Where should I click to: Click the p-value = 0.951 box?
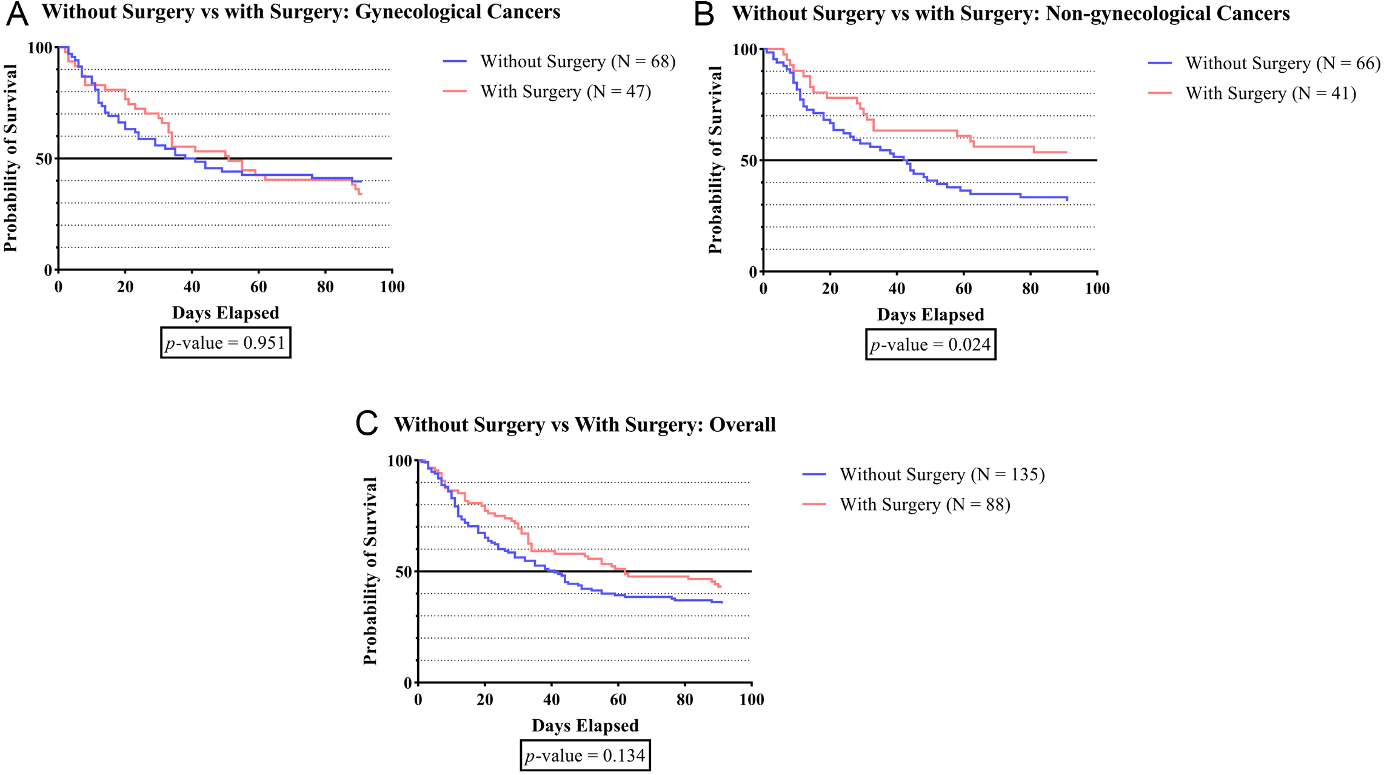(x=226, y=343)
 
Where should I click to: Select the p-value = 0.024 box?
(x=931, y=344)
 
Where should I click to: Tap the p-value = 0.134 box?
(x=585, y=756)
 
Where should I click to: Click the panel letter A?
(x=17, y=13)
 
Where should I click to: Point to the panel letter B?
(x=704, y=14)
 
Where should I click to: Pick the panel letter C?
(x=367, y=423)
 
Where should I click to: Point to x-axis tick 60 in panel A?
(x=259, y=287)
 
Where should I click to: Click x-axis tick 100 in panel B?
(x=1097, y=289)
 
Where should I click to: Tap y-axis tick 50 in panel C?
(x=403, y=572)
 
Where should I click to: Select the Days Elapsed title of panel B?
(x=931, y=315)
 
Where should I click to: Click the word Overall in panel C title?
(x=742, y=424)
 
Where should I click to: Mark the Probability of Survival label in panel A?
(x=10, y=158)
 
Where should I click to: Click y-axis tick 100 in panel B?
(x=745, y=50)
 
